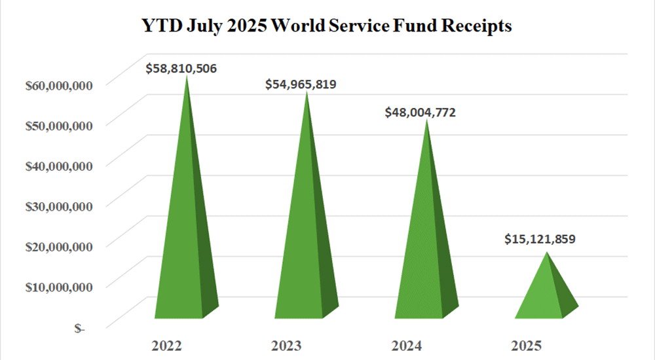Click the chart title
[327, 27]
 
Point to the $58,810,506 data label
[181, 67]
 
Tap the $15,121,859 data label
[540, 240]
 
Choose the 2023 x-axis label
[286, 346]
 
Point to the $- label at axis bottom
[79, 328]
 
